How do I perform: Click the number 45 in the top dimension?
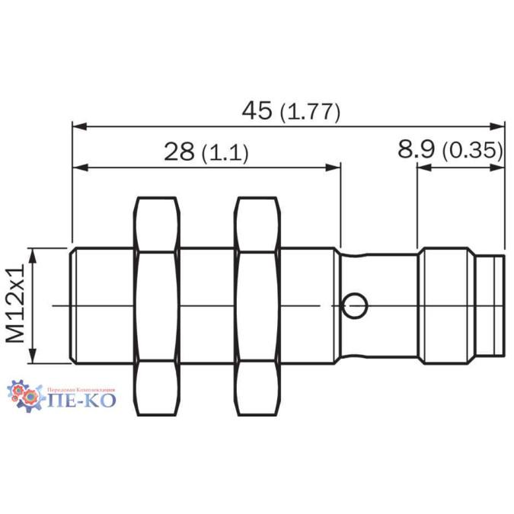tap(257, 110)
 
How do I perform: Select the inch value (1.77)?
tap(310, 113)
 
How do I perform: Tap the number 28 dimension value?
tap(179, 152)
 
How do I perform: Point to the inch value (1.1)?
tap(225, 153)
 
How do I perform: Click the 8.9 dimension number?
tap(417, 148)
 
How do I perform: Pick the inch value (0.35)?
tap(472, 150)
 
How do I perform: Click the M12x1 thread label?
tap(15, 303)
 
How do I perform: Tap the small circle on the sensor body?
tap(355, 306)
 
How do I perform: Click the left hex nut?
tap(157, 307)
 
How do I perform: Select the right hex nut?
tap(257, 307)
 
